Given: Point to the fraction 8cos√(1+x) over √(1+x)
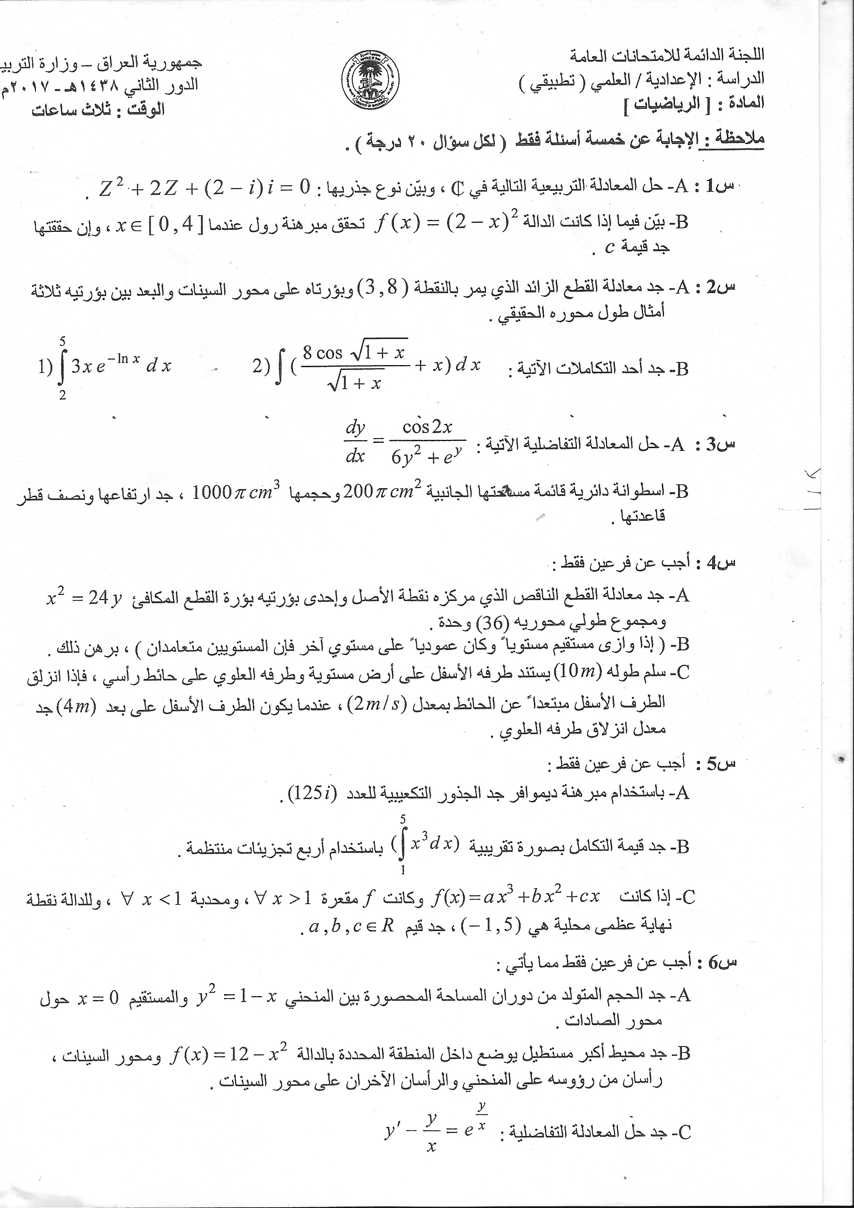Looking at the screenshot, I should click(x=355, y=367).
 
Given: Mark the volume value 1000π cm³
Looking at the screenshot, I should click(x=236, y=493).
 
